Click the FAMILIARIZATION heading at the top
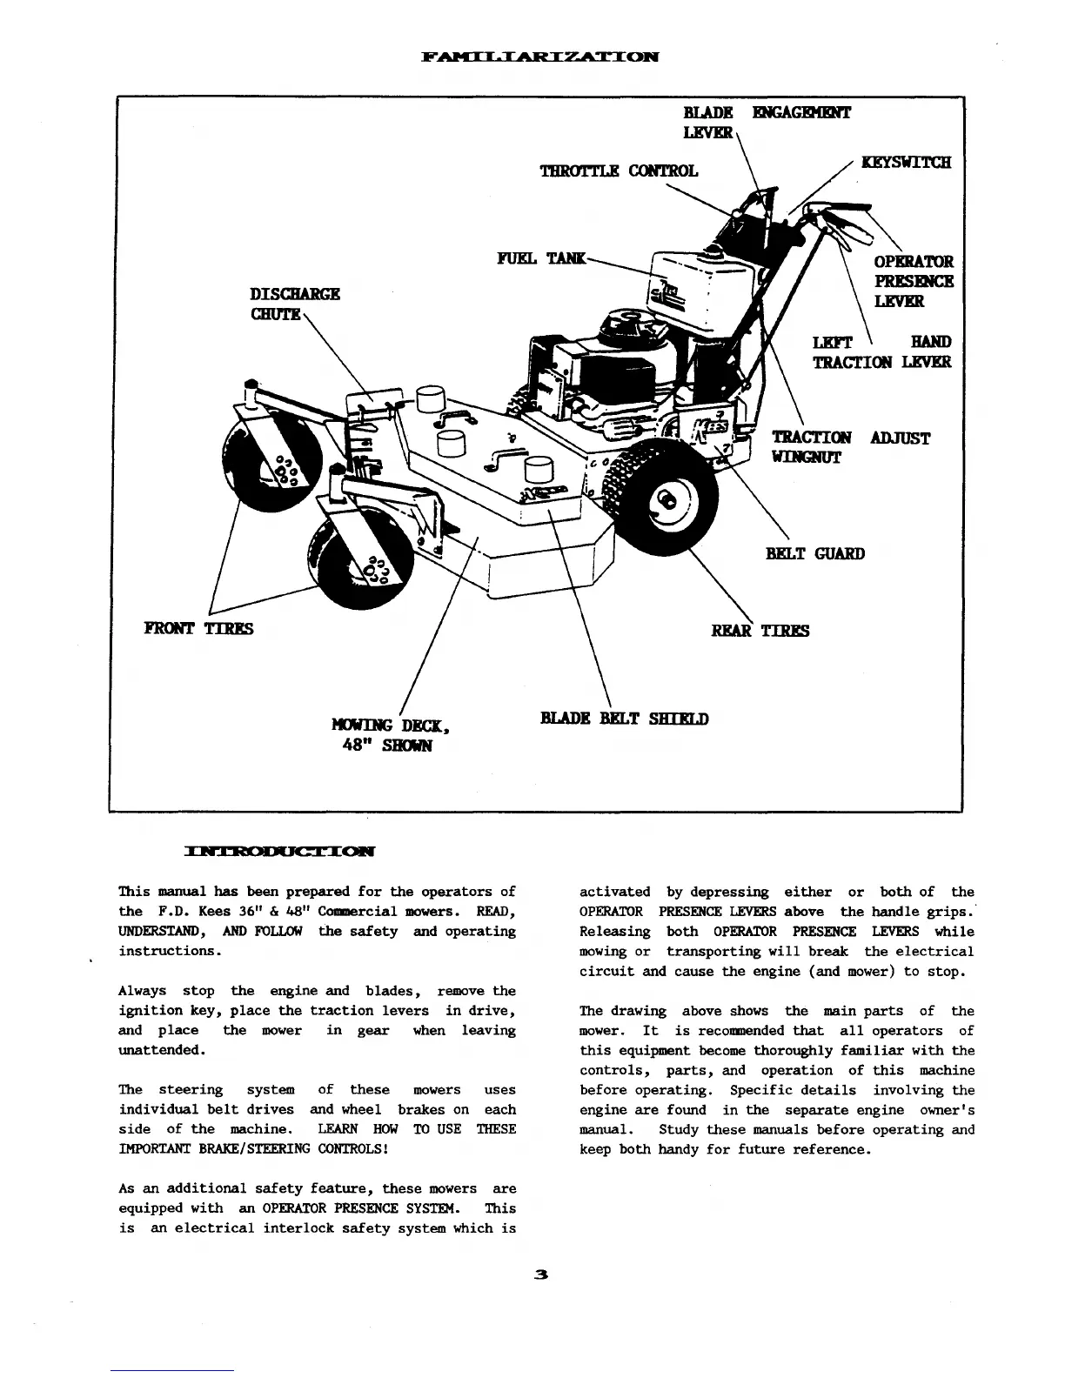click(539, 57)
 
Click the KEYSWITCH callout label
click(906, 163)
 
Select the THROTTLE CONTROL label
click(619, 171)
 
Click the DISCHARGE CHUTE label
click(295, 303)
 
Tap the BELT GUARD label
click(814, 553)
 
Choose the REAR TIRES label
click(760, 631)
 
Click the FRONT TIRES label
click(198, 628)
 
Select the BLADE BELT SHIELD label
click(624, 719)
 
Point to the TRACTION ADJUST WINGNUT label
click(850, 447)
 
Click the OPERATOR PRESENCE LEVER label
click(913, 281)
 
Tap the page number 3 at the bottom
click(540, 1275)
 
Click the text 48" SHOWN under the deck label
click(385, 746)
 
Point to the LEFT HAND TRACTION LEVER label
click(881, 352)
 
